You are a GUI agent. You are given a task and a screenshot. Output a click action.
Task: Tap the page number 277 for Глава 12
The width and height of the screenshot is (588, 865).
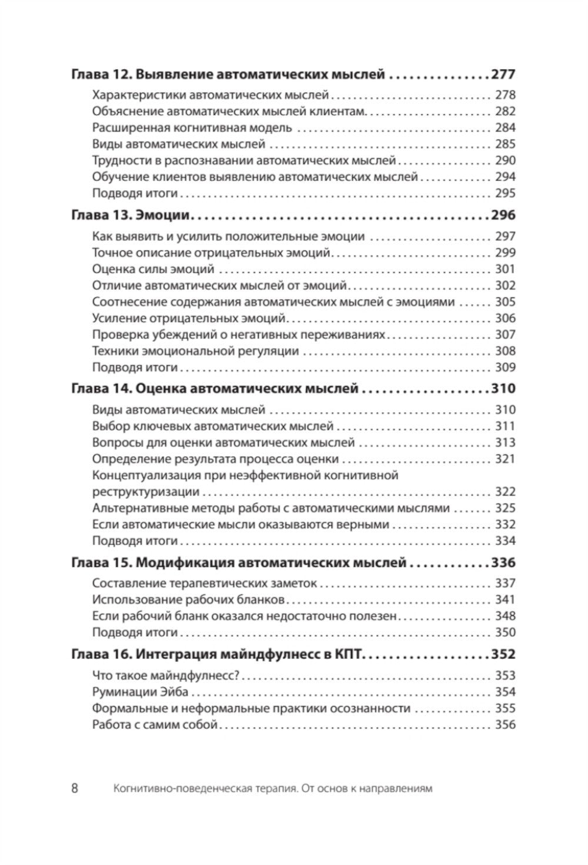(x=503, y=75)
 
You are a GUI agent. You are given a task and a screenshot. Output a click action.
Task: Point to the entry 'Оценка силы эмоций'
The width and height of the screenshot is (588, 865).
(x=153, y=269)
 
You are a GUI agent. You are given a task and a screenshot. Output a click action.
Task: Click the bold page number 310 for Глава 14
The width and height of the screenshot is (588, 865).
(x=503, y=389)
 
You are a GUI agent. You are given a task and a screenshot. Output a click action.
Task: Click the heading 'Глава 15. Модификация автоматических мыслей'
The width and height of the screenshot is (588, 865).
(x=238, y=563)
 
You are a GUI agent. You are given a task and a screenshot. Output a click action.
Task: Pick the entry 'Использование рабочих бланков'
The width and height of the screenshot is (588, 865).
(x=188, y=600)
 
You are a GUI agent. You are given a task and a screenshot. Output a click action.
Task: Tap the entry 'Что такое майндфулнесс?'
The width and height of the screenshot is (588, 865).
(x=165, y=675)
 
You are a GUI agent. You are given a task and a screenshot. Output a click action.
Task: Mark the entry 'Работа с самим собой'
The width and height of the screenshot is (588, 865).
(x=155, y=725)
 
